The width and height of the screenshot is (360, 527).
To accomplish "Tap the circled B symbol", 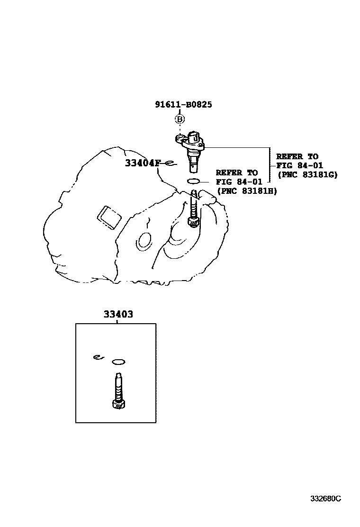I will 180,119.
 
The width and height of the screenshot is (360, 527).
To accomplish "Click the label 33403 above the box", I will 118,314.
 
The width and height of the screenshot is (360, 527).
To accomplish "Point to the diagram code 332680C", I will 325,499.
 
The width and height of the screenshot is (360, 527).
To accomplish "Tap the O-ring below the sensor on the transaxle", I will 195,181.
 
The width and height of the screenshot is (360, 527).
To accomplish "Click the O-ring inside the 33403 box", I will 118,362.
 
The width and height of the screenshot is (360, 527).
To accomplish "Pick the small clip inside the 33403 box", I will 98,357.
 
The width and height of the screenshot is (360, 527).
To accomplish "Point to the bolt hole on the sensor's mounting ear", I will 180,139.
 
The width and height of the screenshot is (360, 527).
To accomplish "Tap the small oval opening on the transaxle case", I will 144,241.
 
